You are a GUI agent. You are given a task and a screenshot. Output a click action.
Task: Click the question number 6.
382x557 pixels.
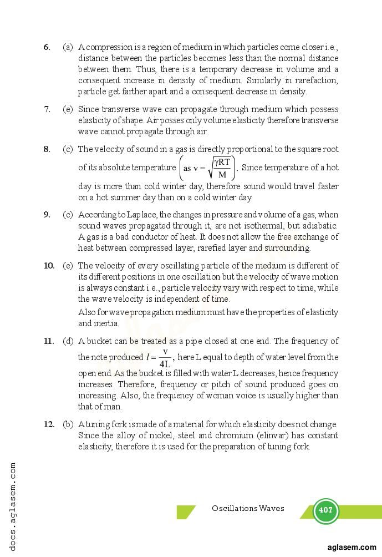(x=47, y=47)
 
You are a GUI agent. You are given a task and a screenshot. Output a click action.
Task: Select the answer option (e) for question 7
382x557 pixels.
(x=68, y=109)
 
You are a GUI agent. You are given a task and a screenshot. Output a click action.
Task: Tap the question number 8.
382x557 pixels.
(x=47, y=149)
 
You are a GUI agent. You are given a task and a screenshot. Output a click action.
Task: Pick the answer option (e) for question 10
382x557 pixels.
(x=68, y=266)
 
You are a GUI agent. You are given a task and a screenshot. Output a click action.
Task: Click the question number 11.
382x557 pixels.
(x=49, y=341)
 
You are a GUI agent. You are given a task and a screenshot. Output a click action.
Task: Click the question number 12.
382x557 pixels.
(x=49, y=424)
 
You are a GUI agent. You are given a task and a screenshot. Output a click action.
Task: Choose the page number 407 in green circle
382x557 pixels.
(x=325, y=510)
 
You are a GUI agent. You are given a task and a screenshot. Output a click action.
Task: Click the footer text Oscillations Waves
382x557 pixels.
(x=247, y=508)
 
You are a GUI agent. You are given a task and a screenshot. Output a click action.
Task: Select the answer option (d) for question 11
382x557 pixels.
(x=68, y=341)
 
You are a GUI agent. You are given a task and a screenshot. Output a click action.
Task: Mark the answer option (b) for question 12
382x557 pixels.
(x=68, y=424)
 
